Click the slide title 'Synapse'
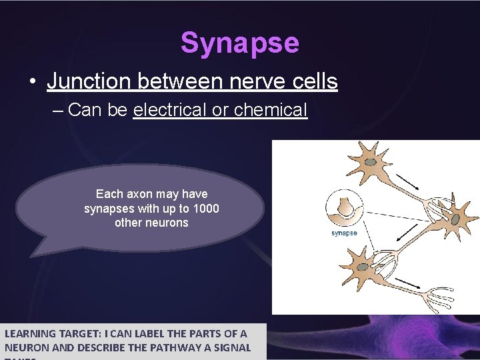tap(239, 43)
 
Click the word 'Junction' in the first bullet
tap(89, 81)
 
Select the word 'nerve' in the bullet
tap(247, 81)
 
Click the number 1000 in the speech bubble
tap(207, 209)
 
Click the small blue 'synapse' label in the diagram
tap(344, 233)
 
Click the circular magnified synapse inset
tap(344, 208)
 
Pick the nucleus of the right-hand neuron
tap(455, 217)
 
